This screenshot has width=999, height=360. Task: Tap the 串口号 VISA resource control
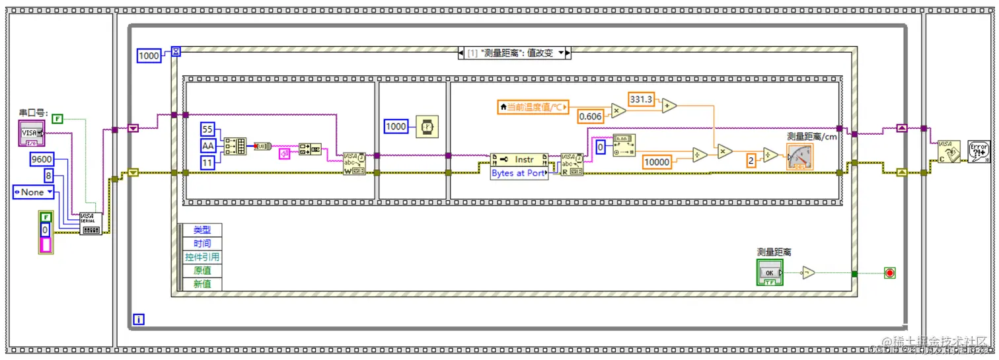(x=31, y=133)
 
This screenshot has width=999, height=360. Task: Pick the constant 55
(x=208, y=129)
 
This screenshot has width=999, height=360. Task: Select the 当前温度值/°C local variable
(x=533, y=107)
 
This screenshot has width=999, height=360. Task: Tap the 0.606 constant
(x=589, y=117)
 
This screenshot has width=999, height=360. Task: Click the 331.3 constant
(x=640, y=98)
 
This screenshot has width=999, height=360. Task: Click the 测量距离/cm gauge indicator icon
(x=799, y=157)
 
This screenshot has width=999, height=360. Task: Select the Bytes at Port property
(x=519, y=174)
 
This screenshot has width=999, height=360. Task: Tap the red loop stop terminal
(x=889, y=273)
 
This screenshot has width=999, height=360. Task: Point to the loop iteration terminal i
(x=139, y=320)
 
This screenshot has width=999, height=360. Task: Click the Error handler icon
(x=978, y=151)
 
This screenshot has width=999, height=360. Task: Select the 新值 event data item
(x=202, y=283)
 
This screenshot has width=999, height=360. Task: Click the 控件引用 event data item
(x=202, y=257)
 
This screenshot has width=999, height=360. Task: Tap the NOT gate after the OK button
(x=809, y=273)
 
